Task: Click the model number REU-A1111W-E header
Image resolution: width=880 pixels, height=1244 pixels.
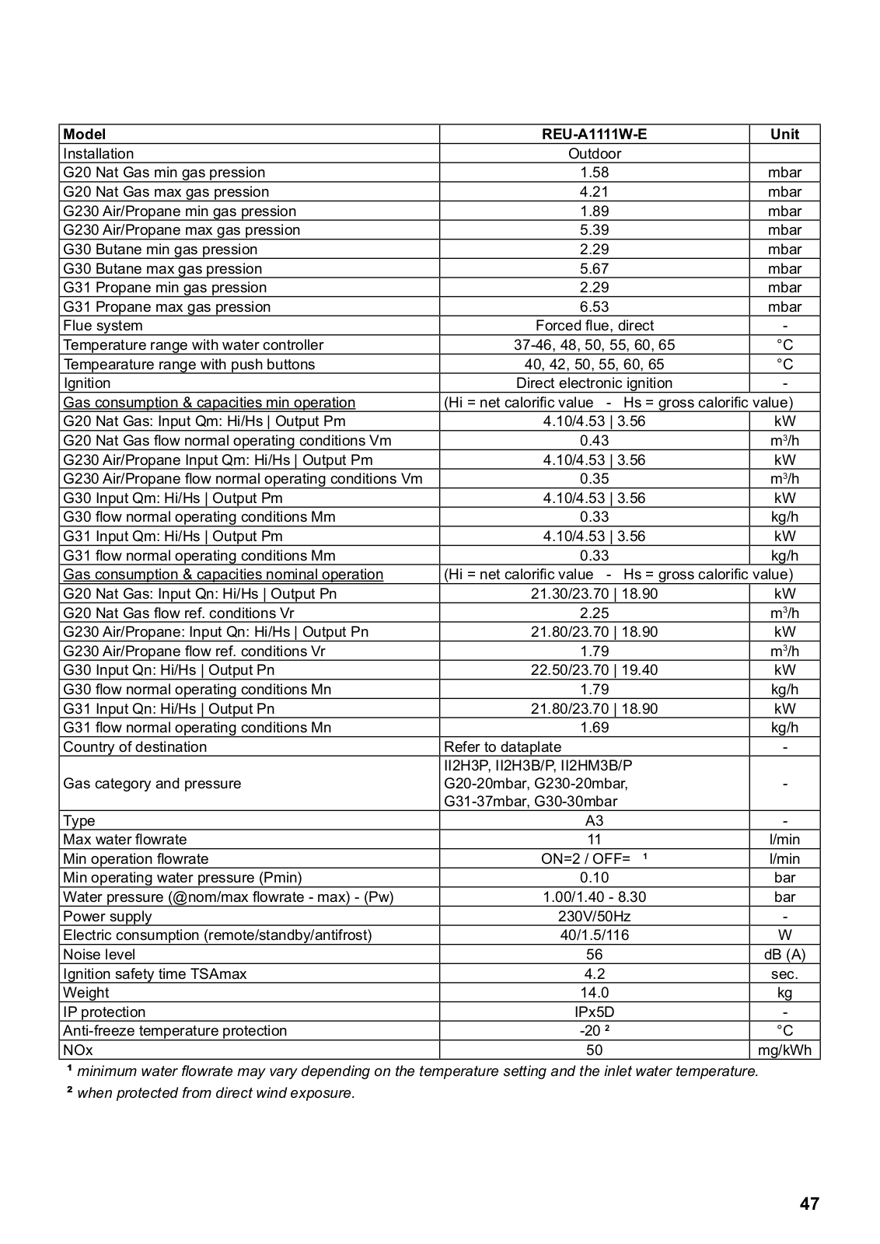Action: click(594, 135)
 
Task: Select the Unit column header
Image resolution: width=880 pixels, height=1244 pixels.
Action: click(784, 135)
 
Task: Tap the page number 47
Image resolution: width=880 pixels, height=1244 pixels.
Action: click(808, 1204)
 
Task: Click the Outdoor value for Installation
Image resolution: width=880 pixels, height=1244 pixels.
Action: click(594, 154)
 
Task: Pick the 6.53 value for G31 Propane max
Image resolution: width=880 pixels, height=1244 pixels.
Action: click(594, 307)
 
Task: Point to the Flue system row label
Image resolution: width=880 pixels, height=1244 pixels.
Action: click(103, 326)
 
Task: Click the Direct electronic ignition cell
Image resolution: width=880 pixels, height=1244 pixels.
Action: click(594, 383)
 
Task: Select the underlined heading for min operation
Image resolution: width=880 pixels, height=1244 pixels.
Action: click(209, 403)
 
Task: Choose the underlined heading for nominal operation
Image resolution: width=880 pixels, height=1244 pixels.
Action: click(223, 575)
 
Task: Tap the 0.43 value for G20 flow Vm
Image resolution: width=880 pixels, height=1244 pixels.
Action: click(594, 441)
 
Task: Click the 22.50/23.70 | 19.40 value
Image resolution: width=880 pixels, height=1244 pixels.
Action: click(594, 670)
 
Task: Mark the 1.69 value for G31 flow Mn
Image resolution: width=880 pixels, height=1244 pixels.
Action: click(594, 728)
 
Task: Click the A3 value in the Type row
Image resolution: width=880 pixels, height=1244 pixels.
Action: click(594, 821)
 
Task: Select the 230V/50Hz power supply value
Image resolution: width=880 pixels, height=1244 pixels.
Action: click(594, 917)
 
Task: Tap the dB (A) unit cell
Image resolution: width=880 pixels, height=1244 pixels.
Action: click(784, 955)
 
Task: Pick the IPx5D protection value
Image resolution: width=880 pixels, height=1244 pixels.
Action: click(594, 1012)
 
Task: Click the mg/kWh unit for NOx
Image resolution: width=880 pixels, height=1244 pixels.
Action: click(784, 1050)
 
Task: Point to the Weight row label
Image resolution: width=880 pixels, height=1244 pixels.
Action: click(86, 993)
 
